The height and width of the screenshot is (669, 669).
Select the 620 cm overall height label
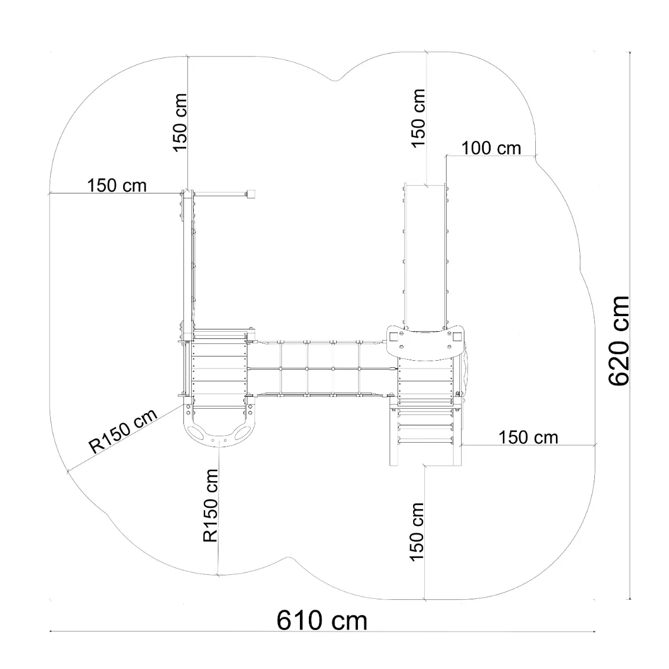coord(619,341)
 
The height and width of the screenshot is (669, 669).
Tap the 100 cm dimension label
coord(491,148)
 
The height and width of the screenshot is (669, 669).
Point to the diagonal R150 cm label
coord(123,431)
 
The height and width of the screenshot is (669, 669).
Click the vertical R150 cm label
coord(210,506)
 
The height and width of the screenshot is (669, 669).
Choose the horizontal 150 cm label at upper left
coord(117,186)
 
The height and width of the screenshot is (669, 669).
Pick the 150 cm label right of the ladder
coord(529,438)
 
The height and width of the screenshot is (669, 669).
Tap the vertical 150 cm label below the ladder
coord(416,531)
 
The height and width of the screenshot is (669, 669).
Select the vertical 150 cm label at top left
coord(180,123)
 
